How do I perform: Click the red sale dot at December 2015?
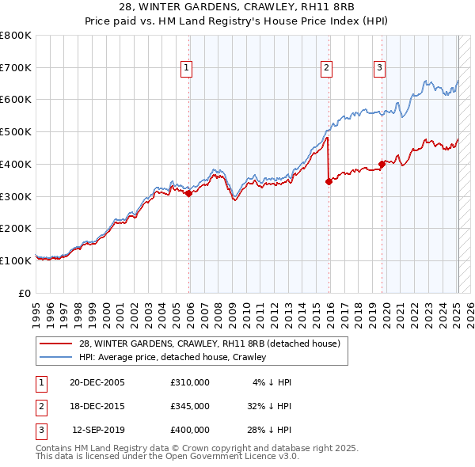click(329, 181)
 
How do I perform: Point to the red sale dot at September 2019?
click(382, 164)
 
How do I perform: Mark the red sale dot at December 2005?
click(188, 192)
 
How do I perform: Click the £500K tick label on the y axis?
click(16, 132)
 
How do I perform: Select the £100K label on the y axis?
click(16, 260)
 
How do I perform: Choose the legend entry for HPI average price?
click(173, 357)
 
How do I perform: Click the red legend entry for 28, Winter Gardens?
click(209, 344)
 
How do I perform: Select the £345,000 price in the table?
click(190, 406)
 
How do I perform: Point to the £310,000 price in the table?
click(190, 382)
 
